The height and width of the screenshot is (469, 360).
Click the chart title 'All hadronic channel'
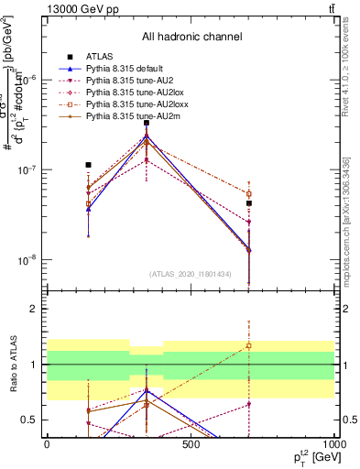191,37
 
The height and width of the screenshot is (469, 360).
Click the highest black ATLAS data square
147,123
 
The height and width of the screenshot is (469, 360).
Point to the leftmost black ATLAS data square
88,165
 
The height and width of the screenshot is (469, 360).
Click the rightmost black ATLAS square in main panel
248,203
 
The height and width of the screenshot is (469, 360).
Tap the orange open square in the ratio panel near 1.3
248,346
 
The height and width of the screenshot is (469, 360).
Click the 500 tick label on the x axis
191,444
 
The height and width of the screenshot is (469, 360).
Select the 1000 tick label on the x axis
334,444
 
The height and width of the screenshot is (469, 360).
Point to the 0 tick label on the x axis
47,444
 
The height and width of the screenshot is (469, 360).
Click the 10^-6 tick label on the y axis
29,80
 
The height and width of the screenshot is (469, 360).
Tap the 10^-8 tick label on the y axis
29,260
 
